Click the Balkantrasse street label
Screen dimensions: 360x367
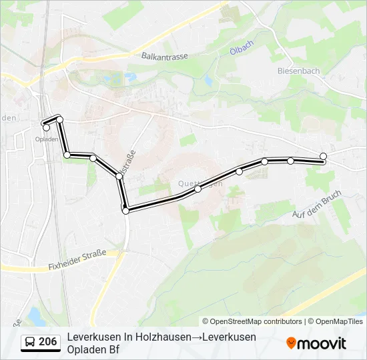[x=165, y=57]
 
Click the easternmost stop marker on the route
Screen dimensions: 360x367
[x=324, y=157]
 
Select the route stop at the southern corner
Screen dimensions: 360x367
[x=125, y=211]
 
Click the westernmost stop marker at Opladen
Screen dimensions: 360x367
[x=46, y=127]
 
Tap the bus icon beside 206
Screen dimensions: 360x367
[x=29, y=342]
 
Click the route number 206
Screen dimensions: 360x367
[x=48, y=342]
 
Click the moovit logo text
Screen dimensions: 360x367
[x=322, y=343]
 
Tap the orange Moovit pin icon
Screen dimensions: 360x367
[x=291, y=343]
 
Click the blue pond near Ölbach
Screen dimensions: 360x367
[x=208, y=81]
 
